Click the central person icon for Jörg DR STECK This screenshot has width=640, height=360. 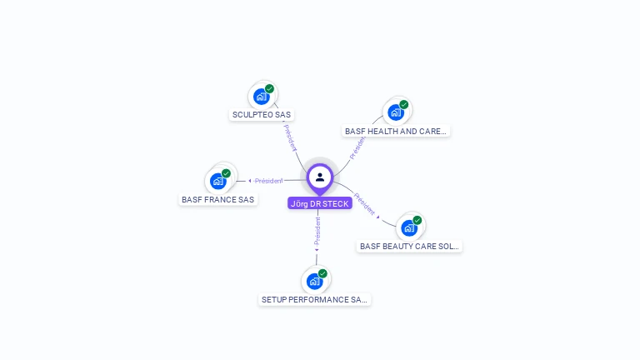pos(320,177)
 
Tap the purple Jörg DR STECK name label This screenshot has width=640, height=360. pos(320,203)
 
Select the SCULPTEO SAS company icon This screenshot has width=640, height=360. pos(262,96)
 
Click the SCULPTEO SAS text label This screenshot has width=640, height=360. pos(262,115)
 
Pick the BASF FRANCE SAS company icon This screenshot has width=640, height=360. pos(218,181)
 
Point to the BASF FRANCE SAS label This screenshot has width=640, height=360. pos(217,200)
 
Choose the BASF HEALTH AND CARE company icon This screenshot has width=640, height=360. pos(396,112)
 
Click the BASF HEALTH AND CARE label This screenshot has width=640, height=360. pos(396,132)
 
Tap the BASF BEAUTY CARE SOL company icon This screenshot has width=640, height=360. pos(409,227)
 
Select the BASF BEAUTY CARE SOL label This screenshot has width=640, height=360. pos(409,247)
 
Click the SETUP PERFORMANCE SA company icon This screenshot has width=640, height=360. pos(314,281)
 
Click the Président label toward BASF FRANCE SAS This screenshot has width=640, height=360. pos(268,181)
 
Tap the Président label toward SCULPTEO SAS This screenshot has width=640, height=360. pos(289,137)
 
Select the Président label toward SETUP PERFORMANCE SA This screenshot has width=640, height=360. pos(317,231)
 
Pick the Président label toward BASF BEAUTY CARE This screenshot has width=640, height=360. pos(365,204)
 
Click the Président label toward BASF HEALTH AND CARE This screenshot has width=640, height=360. pos(358,145)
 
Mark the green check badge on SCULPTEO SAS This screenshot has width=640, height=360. pos(270,88)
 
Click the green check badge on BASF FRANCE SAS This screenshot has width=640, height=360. pos(226,173)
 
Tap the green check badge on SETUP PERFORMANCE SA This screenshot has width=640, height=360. pos(322,273)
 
